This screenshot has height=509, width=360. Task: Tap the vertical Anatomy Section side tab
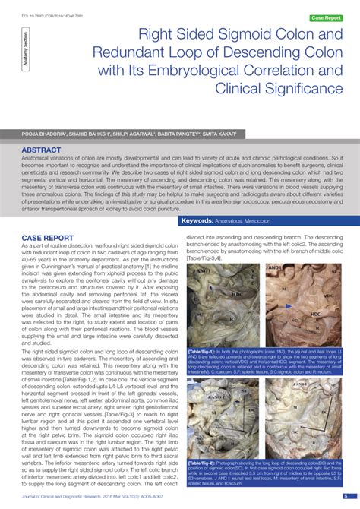(28, 54)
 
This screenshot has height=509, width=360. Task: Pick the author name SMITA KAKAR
(216, 132)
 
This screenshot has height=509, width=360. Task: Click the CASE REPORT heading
(47, 237)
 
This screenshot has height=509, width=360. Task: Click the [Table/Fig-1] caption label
(204, 352)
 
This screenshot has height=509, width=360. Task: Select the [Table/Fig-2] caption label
(204, 461)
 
